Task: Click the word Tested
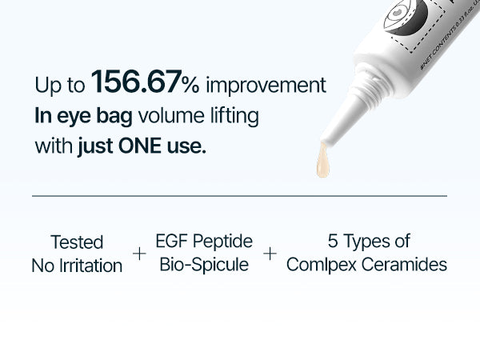(77, 242)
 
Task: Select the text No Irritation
(77, 266)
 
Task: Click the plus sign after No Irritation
(140, 254)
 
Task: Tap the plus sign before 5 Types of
(270, 254)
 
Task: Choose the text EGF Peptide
(204, 241)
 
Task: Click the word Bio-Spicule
(204, 264)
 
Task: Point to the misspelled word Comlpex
(318, 264)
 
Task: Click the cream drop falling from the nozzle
(322, 162)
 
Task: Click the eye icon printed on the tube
(400, 16)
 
